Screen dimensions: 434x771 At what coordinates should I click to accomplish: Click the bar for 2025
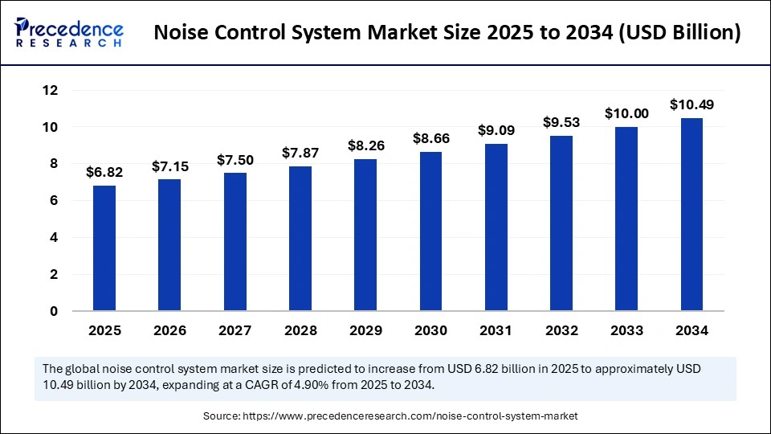104,248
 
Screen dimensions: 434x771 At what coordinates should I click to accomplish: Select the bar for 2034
691,214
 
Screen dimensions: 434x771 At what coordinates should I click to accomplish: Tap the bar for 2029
365,235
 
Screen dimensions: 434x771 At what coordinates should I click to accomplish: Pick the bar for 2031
496,227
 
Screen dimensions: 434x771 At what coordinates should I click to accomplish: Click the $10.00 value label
626,113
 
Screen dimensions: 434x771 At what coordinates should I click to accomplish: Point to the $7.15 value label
169,166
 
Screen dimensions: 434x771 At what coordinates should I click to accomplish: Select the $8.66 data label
431,138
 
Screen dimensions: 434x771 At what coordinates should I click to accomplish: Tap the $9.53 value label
561,122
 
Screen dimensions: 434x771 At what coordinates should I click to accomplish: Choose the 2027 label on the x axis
235,330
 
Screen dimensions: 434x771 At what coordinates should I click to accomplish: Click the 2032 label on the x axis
561,330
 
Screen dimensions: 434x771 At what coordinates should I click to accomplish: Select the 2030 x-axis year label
431,330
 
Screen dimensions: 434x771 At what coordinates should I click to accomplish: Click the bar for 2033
626,218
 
